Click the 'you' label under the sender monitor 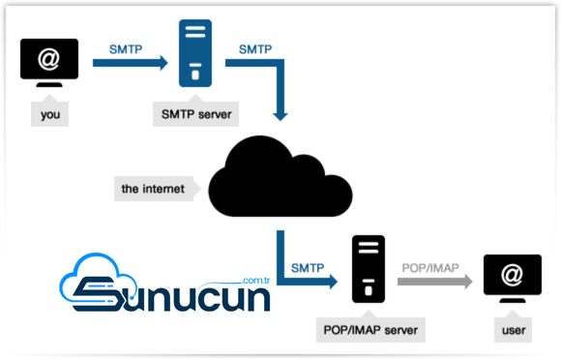(x=49, y=113)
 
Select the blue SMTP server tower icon (x=194, y=55)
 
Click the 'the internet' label (x=153, y=188)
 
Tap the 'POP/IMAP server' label (x=370, y=329)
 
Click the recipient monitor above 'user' (x=513, y=277)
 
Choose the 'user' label (x=513, y=330)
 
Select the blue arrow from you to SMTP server (x=130, y=64)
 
